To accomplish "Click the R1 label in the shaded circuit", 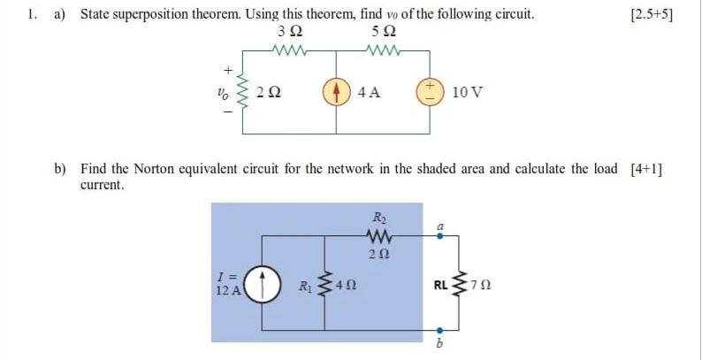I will point(303,286).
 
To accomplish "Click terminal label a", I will point(439,226).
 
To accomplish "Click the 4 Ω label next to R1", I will point(347,286).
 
